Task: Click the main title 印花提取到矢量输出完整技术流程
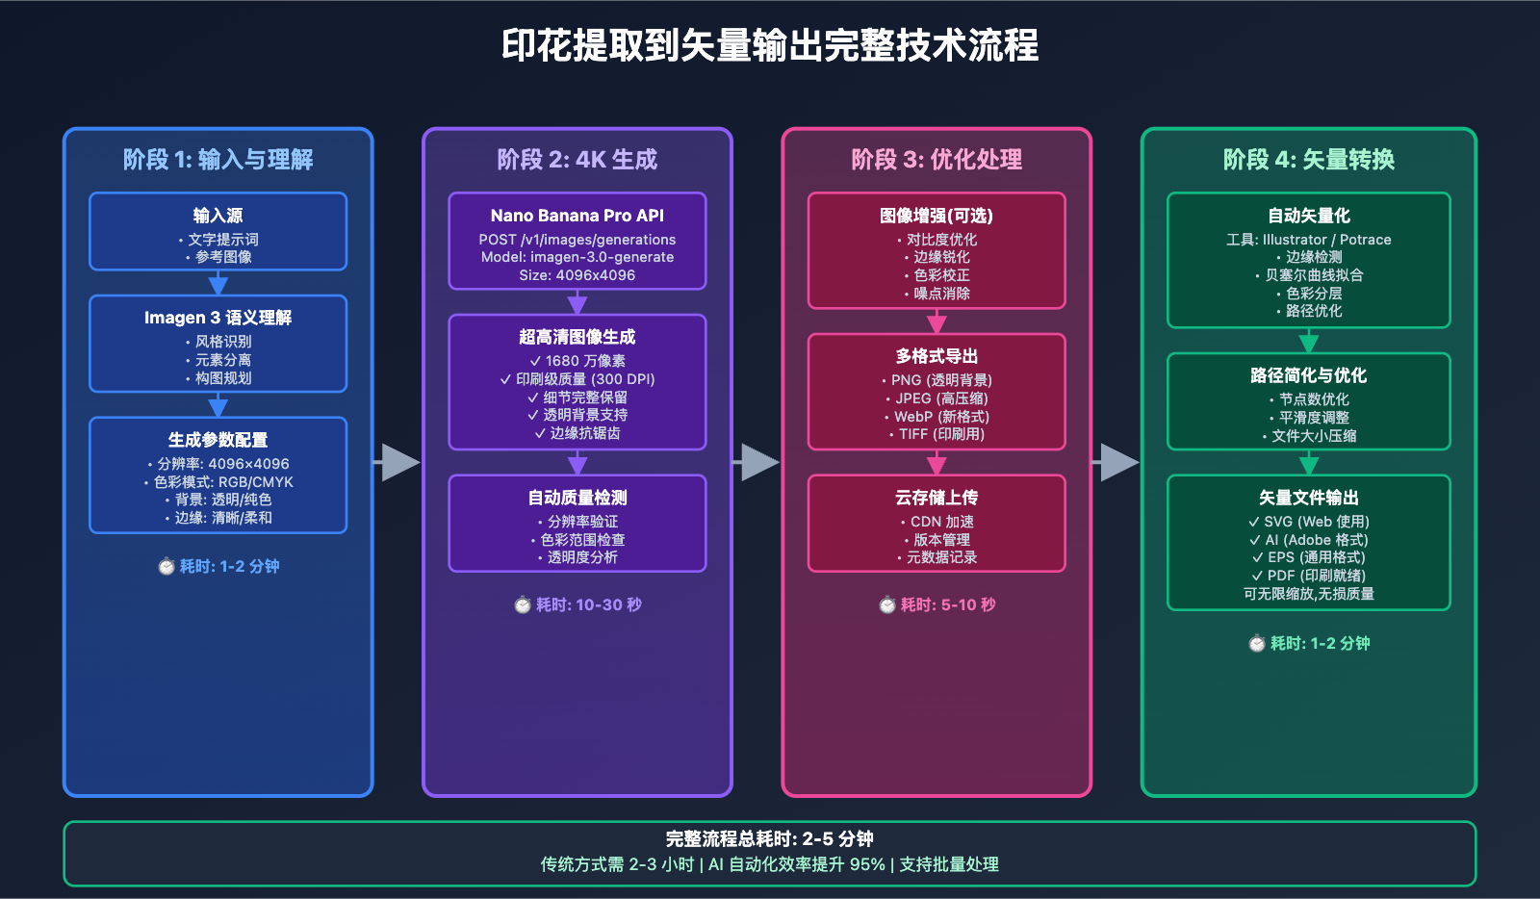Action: tap(770, 45)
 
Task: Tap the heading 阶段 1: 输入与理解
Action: tap(218, 160)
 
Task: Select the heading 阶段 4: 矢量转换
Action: tap(1309, 160)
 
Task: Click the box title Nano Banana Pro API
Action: tap(577, 216)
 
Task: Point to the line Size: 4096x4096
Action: tap(577, 275)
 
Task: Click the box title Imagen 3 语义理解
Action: tap(218, 318)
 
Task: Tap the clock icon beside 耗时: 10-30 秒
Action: tap(523, 604)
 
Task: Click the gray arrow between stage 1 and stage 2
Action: tap(398, 462)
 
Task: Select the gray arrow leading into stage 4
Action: tap(1116, 462)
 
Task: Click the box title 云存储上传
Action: tap(937, 498)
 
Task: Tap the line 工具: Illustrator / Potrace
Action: tap(1309, 240)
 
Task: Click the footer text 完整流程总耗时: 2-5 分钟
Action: tap(770, 838)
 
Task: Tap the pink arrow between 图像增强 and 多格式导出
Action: tap(937, 321)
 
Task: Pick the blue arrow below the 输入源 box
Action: tap(218, 283)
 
